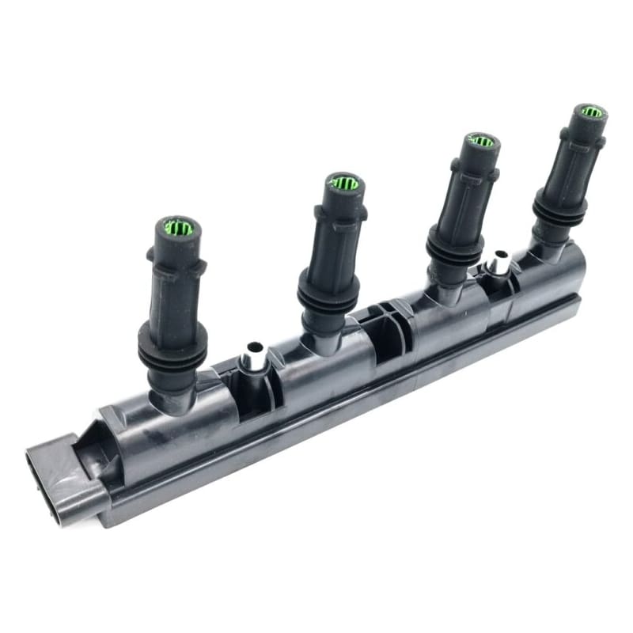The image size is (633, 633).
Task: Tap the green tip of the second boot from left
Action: pyautogui.click(x=344, y=184)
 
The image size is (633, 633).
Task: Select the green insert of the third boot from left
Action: pyautogui.click(x=480, y=142)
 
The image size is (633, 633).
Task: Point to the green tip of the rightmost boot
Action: pyautogui.click(x=590, y=112)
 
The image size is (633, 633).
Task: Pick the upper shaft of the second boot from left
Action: pyautogui.click(x=336, y=237)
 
